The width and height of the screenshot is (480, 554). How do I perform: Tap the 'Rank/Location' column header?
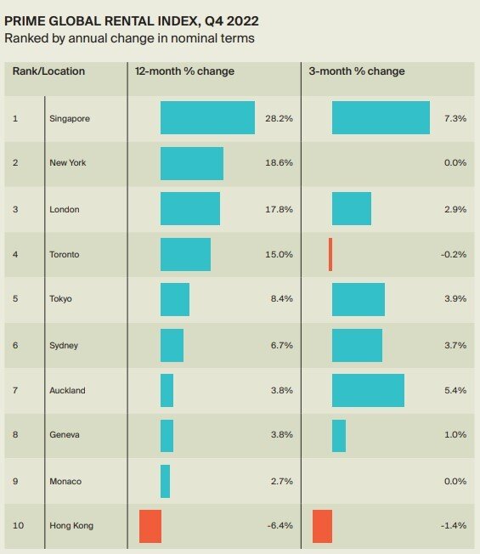[48, 71]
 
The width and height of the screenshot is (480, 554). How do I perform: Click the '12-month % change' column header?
[184, 71]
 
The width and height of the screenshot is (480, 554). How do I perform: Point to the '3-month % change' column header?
[357, 71]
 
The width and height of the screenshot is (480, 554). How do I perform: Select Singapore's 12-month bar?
[207, 118]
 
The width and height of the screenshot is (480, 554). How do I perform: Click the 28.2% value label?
[279, 118]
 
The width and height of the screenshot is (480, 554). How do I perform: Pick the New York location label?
[67, 163]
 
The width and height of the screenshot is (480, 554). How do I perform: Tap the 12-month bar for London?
[189, 209]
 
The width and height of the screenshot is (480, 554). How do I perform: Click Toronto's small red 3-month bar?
[330, 254]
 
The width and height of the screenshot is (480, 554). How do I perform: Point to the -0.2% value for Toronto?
[453, 254]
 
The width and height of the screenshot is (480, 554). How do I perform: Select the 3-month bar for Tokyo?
[358, 300]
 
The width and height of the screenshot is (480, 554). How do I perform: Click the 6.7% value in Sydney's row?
[281, 345]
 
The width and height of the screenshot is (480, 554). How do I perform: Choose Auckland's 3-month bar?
[368, 390]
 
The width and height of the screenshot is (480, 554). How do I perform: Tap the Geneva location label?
[65, 435]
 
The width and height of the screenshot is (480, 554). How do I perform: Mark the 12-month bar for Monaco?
[165, 481]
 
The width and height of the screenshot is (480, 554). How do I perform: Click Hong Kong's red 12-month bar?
[150, 526]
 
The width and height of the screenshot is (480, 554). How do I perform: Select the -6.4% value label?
[280, 526]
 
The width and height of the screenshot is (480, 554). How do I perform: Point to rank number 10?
[18, 526]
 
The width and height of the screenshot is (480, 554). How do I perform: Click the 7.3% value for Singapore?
[455, 118]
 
